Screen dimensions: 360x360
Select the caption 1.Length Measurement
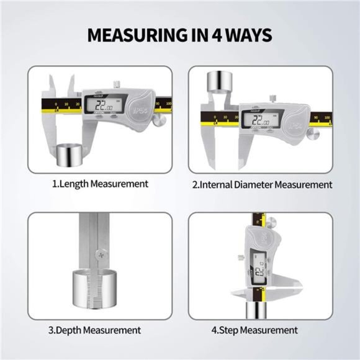point(99,184)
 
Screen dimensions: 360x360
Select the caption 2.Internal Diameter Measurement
point(261,184)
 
